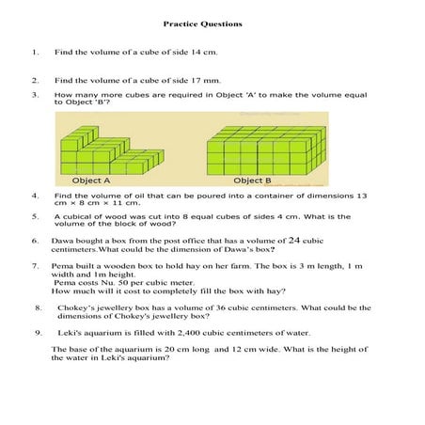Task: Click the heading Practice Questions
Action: [202, 23]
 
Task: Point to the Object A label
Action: [92, 180]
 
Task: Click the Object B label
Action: [252, 180]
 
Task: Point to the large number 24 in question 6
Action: [294, 240]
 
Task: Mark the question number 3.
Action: [35, 95]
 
